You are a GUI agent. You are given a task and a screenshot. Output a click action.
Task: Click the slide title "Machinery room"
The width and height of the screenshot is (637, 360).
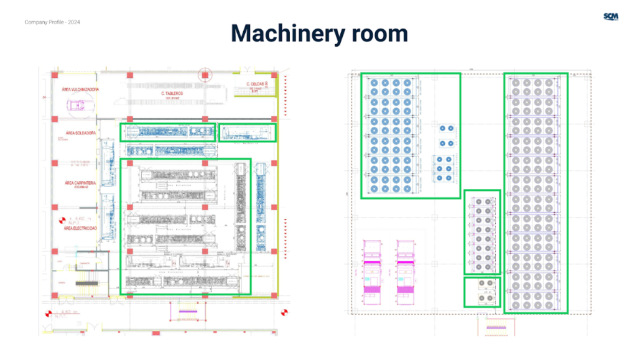tap(319, 33)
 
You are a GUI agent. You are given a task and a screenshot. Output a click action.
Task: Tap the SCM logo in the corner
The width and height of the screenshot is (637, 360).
tap(611, 17)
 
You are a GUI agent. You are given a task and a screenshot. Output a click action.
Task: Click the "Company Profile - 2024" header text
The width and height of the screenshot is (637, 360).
tap(52, 22)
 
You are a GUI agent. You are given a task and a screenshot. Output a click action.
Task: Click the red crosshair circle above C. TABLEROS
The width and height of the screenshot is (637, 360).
tap(204, 75)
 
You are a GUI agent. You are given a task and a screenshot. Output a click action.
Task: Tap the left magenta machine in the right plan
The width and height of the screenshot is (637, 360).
tap(373, 270)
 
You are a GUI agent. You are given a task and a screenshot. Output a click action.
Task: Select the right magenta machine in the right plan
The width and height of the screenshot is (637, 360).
tap(406, 270)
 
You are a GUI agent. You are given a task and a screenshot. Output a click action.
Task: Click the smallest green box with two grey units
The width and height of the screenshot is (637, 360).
tap(482, 292)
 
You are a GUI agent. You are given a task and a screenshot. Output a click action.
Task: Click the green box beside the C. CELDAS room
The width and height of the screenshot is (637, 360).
tap(248, 132)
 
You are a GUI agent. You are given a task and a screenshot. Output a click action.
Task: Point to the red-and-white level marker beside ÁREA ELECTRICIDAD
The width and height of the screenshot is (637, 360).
tap(61, 220)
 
